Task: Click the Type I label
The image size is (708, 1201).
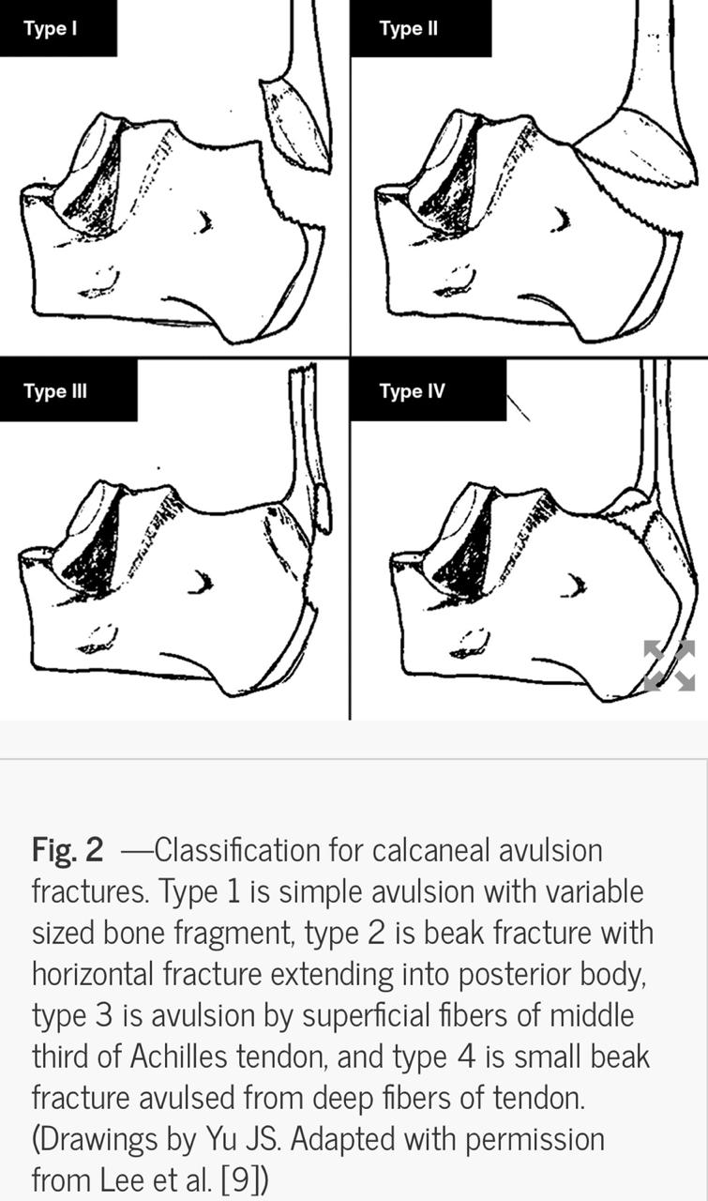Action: point(51,28)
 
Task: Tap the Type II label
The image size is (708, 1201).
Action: point(409,28)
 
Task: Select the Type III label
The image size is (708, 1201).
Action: point(55,391)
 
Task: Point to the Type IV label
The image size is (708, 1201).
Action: point(413,391)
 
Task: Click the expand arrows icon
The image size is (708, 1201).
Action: point(670,665)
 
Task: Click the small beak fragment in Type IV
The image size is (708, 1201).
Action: point(627,503)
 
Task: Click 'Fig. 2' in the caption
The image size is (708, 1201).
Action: point(68,850)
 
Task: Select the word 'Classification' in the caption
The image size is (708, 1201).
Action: point(237,850)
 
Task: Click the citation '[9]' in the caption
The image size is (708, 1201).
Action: point(240,1179)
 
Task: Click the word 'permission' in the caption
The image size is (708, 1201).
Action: point(535,1139)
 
